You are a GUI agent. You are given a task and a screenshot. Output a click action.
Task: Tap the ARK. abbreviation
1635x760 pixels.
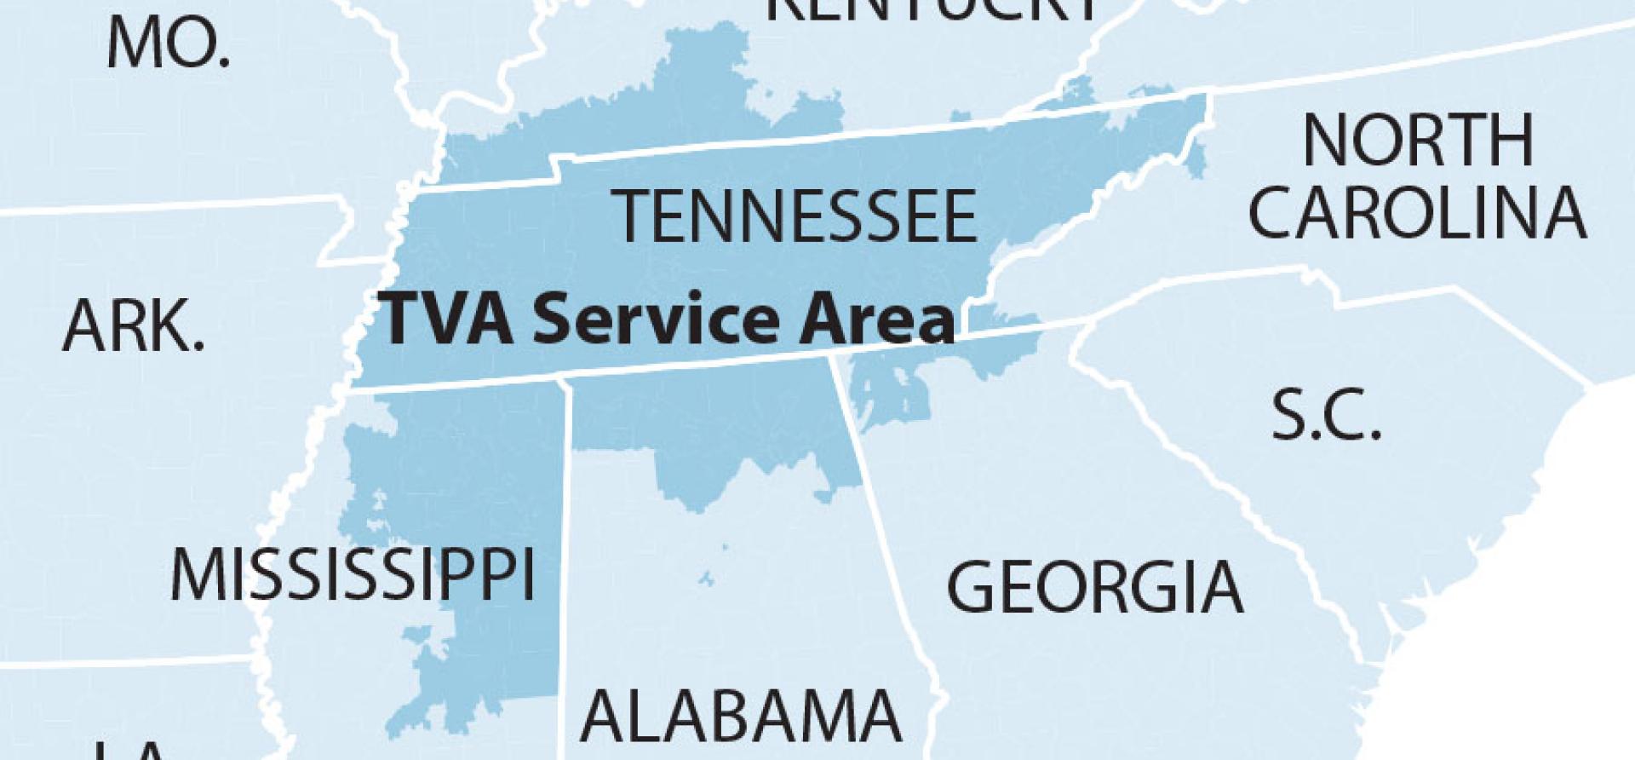(134, 327)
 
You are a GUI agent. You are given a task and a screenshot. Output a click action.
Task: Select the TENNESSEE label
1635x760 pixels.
(795, 217)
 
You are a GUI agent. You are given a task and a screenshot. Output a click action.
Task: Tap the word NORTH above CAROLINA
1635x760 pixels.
(1418, 141)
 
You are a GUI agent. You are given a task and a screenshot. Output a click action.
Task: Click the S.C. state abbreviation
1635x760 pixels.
(1325, 415)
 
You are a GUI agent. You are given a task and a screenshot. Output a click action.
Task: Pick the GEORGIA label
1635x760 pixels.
(1094, 587)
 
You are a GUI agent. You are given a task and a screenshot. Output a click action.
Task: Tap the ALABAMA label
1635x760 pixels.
(740, 716)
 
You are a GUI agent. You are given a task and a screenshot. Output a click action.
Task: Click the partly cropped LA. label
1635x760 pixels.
(128, 750)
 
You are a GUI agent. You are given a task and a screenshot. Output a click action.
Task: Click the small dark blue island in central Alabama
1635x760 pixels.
(706, 579)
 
